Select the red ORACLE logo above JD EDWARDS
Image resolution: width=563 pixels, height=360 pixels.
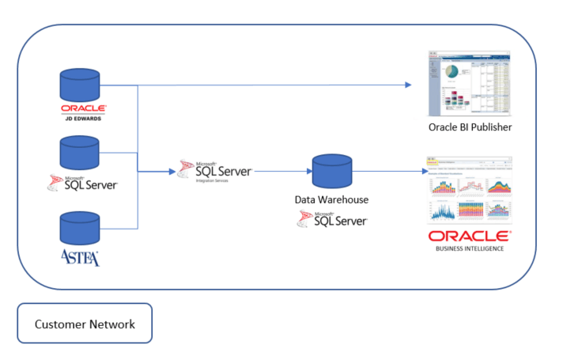[83, 109]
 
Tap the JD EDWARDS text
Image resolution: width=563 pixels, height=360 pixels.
[83, 120]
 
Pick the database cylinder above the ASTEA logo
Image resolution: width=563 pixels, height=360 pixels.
[80, 227]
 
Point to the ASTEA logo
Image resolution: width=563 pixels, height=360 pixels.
[80, 257]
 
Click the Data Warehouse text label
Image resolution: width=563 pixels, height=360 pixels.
[331, 200]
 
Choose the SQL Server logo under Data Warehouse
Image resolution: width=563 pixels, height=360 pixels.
[332, 219]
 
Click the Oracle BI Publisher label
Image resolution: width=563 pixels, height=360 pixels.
[470, 128]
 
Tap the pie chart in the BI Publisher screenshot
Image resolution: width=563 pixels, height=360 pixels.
[452, 72]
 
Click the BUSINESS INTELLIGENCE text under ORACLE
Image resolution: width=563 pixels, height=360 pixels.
[469, 248]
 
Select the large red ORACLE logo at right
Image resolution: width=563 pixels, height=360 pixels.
[469, 236]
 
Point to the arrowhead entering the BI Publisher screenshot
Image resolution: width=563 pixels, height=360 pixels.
[410, 84]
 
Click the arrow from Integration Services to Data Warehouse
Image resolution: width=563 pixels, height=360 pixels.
[281, 170]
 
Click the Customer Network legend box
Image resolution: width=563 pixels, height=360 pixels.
[85, 324]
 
